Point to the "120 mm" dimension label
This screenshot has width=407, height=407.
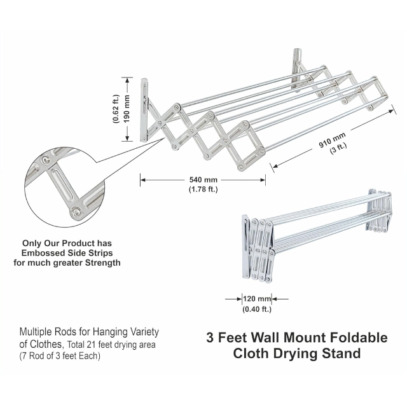pyautogui.click(x=257, y=298)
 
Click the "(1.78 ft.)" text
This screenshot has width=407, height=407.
pyautogui.click(x=203, y=190)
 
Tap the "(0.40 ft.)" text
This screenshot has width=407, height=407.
pyautogui.click(x=257, y=309)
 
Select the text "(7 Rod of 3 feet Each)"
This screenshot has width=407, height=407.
pyautogui.click(x=60, y=355)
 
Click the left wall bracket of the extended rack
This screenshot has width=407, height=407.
pyautogui.click(x=145, y=109)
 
